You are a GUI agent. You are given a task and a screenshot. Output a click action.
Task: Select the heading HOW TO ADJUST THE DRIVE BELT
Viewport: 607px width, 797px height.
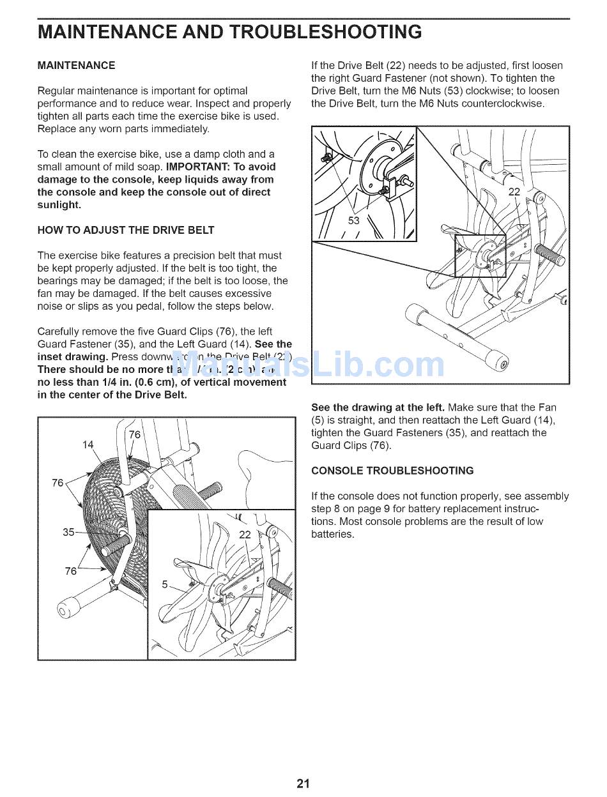126,230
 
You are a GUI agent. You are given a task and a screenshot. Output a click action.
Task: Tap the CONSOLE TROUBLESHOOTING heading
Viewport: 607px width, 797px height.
392,471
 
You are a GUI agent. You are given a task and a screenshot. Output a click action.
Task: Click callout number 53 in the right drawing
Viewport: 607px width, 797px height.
354,220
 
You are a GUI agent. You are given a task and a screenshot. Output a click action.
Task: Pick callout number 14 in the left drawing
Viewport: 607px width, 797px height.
88,444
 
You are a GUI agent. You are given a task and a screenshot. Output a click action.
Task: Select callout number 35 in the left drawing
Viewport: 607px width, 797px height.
69,531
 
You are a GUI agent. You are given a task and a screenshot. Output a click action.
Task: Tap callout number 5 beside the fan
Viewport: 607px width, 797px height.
165,584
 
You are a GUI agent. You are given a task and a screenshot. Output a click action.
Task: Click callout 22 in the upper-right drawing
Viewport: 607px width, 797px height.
514,192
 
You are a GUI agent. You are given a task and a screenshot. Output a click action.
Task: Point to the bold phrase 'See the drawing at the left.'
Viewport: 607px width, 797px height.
378,407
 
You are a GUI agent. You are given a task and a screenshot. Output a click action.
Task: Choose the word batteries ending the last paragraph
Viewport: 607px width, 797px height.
332,534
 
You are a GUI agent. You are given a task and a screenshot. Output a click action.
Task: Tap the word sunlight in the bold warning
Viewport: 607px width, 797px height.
59,205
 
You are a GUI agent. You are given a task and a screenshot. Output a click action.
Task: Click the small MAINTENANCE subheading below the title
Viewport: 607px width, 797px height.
77,65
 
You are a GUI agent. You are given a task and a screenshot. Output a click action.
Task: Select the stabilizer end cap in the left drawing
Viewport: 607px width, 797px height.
66,607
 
